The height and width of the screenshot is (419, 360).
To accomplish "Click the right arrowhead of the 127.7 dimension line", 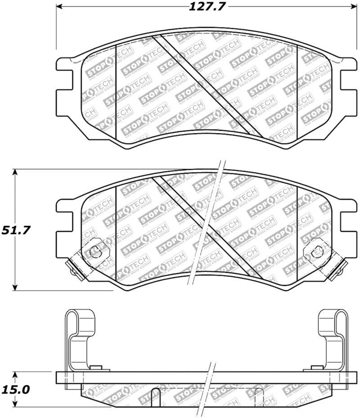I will pyautogui.click(x=352, y=7).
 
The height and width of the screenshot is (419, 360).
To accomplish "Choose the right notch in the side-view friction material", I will pyautogui.click(x=259, y=396).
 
